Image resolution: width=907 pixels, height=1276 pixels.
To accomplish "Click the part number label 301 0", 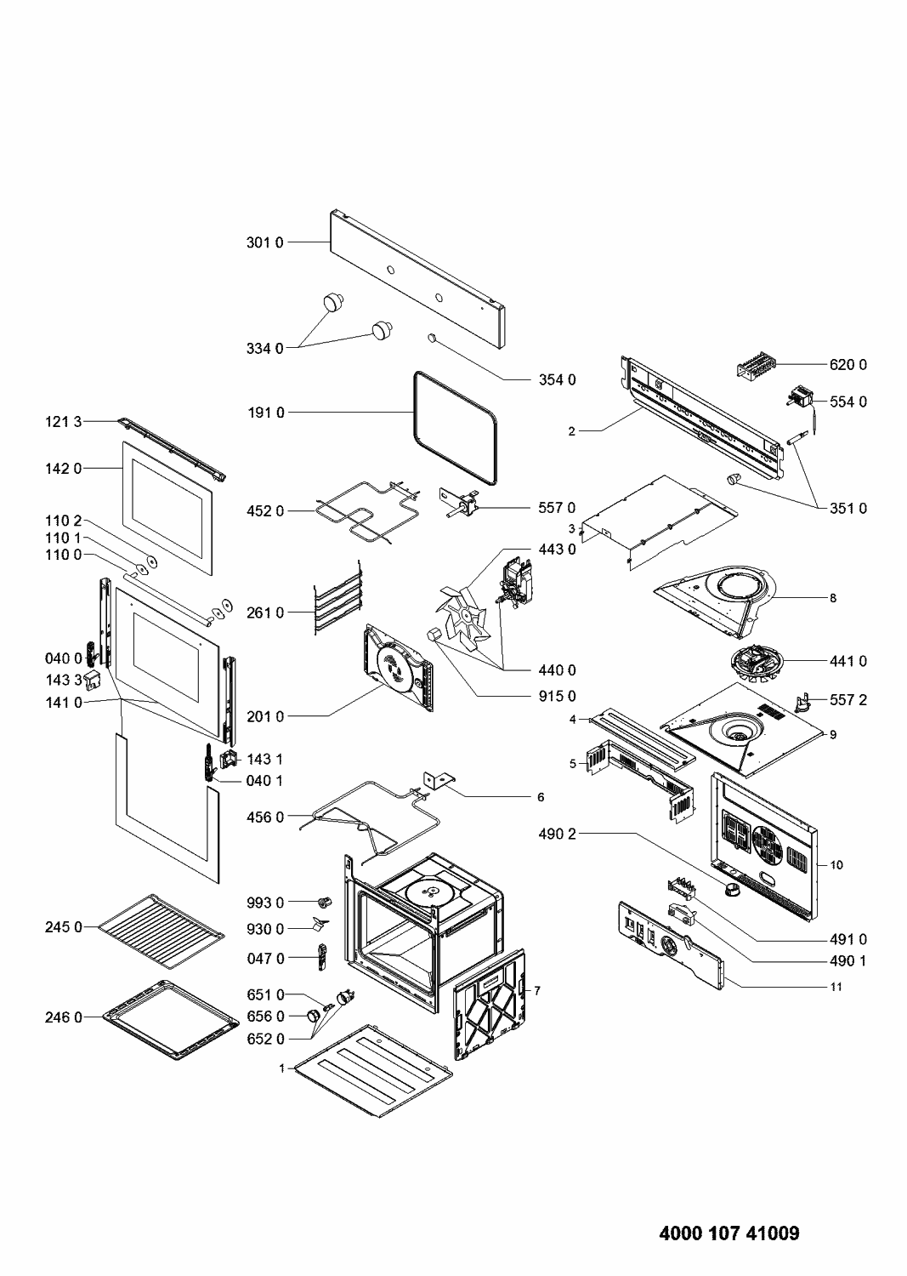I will click(x=264, y=242).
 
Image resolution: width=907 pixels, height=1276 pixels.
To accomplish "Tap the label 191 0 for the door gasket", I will click(x=264, y=413).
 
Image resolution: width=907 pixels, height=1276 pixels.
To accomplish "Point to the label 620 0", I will click(x=848, y=365).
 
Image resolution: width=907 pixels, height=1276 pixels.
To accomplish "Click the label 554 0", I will click(x=848, y=402).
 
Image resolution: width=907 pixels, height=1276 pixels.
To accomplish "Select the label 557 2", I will click(x=848, y=700).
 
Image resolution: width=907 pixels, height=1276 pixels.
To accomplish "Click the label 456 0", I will click(x=264, y=817).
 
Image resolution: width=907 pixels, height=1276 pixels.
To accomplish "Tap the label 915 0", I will click(x=557, y=697).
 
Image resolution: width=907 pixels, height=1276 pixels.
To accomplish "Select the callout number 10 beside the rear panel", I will click(x=836, y=865).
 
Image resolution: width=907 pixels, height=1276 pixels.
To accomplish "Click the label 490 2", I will click(x=557, y=835).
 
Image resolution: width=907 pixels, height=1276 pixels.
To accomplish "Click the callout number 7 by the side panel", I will click(x=537, y=991).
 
